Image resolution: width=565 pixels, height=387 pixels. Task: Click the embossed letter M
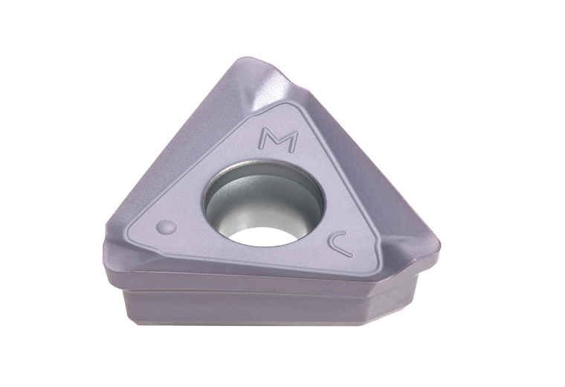(279, 141)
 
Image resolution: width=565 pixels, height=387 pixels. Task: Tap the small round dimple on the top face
(167, 228)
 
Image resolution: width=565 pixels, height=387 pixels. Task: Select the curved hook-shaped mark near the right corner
(340, 244)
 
